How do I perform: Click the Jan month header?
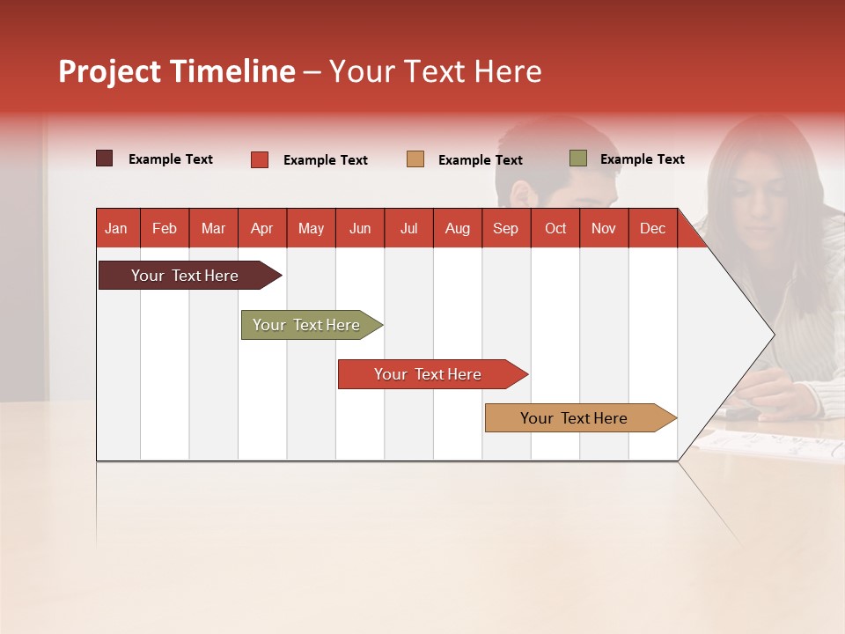coord(116,228)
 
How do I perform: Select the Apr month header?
coord(262,228)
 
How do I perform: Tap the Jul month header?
coord(408,228)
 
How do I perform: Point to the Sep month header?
coord(505,228)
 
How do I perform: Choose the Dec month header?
coord(652,228)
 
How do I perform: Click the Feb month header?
coord(165,228)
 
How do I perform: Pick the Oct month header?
coord(555,228)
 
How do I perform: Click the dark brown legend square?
coord(105,158)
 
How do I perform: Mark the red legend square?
coord(260,159)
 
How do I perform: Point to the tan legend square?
coord(415,159)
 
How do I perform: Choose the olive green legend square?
coord(577,158)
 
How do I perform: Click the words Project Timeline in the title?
coord(177,71)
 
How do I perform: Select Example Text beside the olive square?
coord(642,159)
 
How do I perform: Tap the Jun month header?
coord(360,228)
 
